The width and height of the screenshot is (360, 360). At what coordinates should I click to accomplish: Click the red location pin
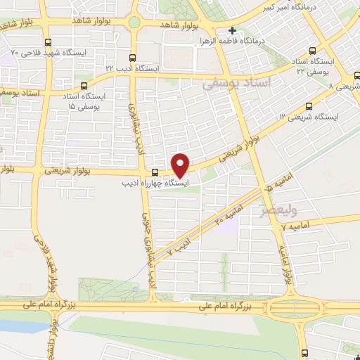pyautogui.click(x=181, y=165)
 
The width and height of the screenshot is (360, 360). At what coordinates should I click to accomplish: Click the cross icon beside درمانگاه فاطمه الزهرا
pyautogui.click(x=232, y=31)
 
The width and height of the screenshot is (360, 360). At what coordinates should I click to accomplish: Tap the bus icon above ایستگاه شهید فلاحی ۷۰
pyautogui.click(x=47, y=42)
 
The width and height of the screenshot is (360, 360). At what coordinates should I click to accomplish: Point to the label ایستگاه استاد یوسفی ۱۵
pyautogui.click(x=84, y=100)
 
